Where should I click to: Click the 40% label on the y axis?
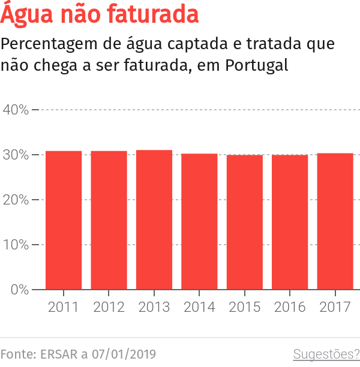point(16,110)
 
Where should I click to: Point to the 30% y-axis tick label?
point(16,155)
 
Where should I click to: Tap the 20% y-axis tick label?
point(16,200)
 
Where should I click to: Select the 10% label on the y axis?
point(16,245)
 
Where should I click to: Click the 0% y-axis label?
point(19,290)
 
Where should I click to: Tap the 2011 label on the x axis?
point(64,307)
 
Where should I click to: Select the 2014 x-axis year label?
point(199,307)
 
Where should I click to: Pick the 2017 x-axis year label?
point(335,307)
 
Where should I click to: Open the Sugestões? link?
point(326,354)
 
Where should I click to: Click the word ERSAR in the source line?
point(59,354)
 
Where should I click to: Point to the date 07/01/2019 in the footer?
point(123,354)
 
